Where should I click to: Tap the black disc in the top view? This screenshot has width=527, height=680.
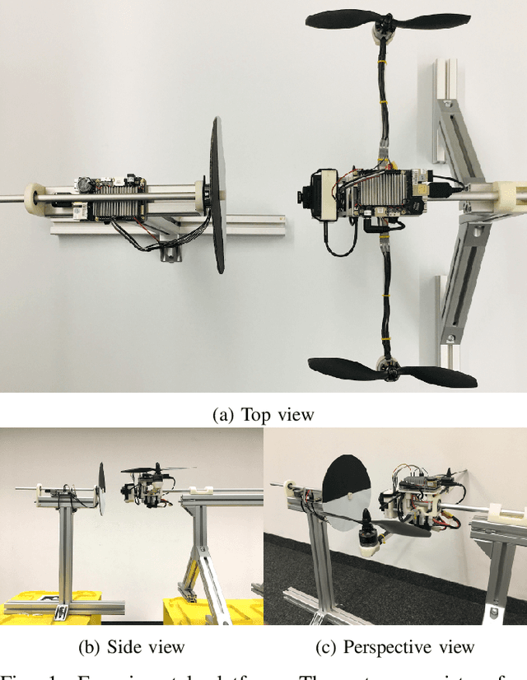218,195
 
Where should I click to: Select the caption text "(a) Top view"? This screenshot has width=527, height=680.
263,414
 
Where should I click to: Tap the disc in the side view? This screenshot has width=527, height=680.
101,489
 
